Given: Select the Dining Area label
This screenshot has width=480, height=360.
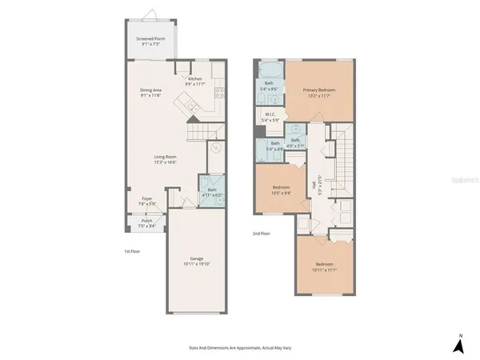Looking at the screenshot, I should [152, 93].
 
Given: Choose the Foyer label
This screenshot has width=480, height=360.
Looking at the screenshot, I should [148, 201].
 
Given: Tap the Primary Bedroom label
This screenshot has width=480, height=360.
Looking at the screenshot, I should [318, 93].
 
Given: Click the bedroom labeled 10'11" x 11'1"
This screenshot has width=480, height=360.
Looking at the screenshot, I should [323, 266].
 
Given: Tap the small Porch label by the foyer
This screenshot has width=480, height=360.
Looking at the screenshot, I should [147, 224].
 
